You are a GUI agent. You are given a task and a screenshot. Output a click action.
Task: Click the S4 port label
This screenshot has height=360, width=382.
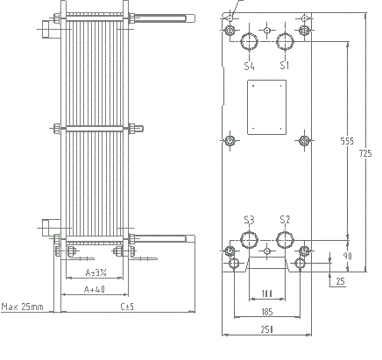[x=250, y=66]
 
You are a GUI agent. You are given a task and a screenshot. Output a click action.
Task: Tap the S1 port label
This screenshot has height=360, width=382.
[x=284, y=66]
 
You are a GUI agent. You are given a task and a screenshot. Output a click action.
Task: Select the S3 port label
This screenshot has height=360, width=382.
[x=250, y=219]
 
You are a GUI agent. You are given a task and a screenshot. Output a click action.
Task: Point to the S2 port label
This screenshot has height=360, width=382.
[x=284, y=219]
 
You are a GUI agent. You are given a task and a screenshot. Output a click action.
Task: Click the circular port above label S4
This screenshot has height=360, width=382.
[x=250, y=41]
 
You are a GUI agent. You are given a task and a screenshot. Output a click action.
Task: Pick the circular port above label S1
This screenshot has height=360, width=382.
[x=285, y=41]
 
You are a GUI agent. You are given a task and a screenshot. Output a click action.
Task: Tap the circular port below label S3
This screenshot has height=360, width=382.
[x=250, y=240]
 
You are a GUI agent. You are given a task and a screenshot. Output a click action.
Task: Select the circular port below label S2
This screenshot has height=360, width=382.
[x=285, y=240]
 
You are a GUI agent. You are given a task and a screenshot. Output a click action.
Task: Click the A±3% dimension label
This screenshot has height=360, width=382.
[x=95, y=272]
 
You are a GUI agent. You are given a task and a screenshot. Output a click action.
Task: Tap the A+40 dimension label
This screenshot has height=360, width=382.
[x=94, y=288]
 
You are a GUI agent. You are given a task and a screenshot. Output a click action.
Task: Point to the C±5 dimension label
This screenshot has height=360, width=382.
[x=126, y=307]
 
